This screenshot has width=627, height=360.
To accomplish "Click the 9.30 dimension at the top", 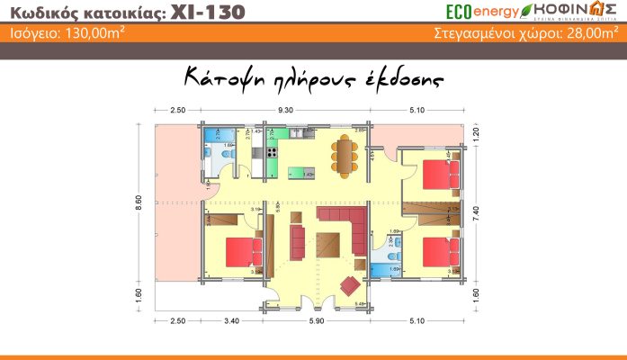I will click(x=286, y=109).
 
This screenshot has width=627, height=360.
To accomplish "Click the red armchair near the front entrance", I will click(x=350, y=285).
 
